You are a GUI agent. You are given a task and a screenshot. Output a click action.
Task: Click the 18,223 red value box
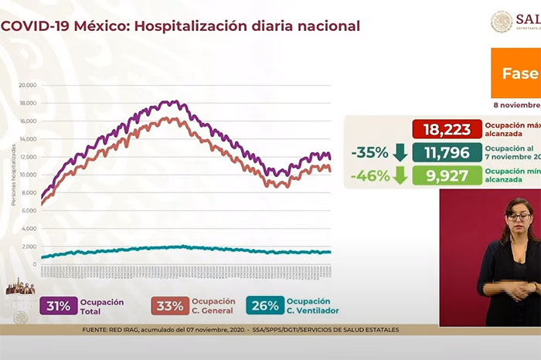tap(447, 129)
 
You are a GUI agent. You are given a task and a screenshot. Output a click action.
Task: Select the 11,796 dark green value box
tap(447, 153)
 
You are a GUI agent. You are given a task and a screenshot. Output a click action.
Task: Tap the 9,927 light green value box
tap(447, 177)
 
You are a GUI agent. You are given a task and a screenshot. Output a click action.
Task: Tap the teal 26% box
tap(264, 305)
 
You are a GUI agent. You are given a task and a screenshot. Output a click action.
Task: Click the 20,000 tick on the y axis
tap(28, 86)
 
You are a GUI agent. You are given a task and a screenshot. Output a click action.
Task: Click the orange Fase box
tap(515, 74)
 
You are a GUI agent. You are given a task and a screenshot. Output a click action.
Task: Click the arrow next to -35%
tap(400, 153)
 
